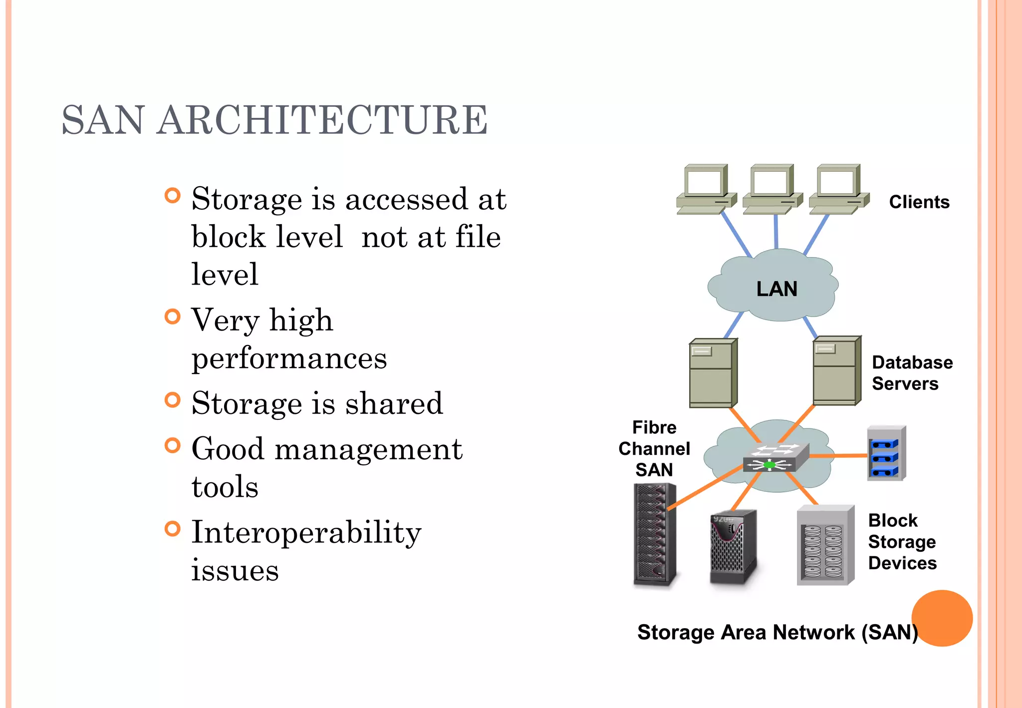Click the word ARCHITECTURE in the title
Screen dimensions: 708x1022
322,120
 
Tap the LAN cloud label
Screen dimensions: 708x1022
776,289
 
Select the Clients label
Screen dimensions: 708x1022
919,202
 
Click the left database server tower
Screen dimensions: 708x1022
713,372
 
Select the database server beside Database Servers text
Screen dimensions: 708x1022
836,370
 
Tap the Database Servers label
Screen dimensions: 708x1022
912,373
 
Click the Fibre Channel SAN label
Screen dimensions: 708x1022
654,448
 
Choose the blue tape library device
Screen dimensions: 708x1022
886,453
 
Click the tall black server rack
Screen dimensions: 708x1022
654,535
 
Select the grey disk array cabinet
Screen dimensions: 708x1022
824,546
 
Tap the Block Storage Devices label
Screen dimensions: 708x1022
902,542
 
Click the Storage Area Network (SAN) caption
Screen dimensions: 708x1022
777,632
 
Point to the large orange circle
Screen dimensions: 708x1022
942,618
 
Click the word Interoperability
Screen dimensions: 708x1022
306,532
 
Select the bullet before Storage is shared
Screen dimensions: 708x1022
172,400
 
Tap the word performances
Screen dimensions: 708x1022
289,358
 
